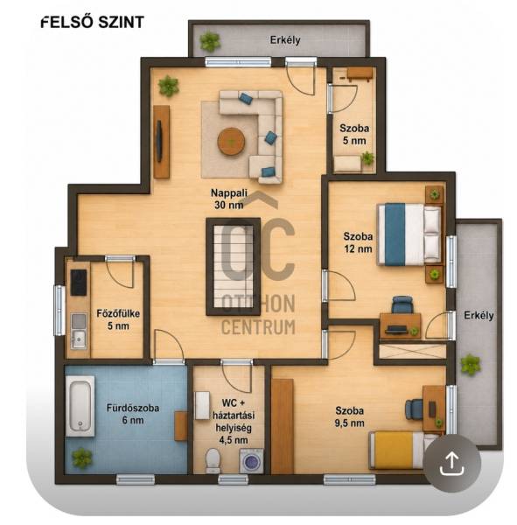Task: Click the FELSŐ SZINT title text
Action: tap(93, 23)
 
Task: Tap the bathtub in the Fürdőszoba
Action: tap(80, 406)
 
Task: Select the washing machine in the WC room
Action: tap(251, 461)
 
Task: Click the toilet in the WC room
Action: tap(213, 461)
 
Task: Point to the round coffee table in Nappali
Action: tap(231, 141)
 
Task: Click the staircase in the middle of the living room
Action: tap(233, 267)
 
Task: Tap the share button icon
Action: tap(451, 463)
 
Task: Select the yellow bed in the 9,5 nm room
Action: tap(402, 450)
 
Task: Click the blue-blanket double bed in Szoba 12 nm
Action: tap(409, 234)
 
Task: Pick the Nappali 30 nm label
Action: tap(229, 199)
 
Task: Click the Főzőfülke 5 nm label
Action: tap(118, 319)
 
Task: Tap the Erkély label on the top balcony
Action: tap(285, 40)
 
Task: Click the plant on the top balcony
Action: tap(210, 41)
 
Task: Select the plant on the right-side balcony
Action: tap(471, 365)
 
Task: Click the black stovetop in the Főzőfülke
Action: tap(79, 283)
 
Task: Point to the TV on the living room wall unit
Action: tap(160, 141)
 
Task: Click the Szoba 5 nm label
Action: tap(354, 134)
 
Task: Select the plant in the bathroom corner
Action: tap(81, 458)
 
